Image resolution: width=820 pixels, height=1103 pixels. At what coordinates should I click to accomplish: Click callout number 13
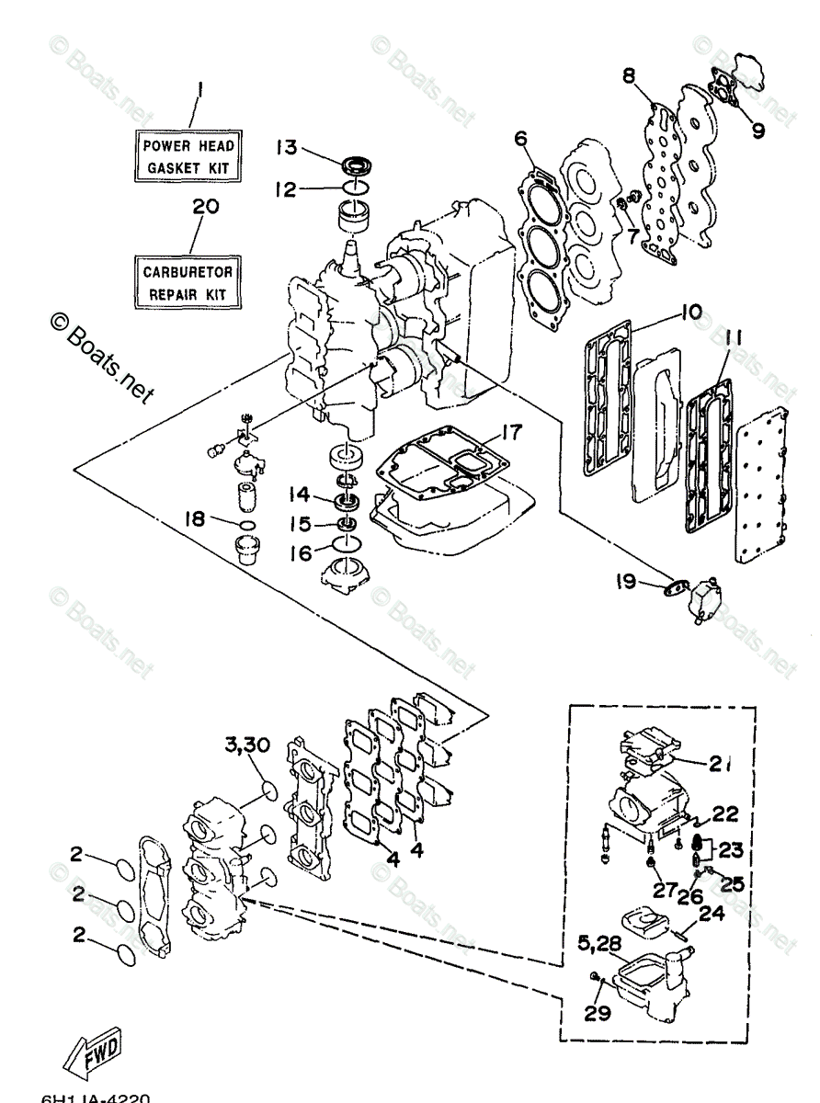point(286,147)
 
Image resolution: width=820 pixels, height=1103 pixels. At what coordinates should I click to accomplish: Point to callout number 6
point(519,138)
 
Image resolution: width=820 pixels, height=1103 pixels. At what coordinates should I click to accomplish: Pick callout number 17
point(511,430)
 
